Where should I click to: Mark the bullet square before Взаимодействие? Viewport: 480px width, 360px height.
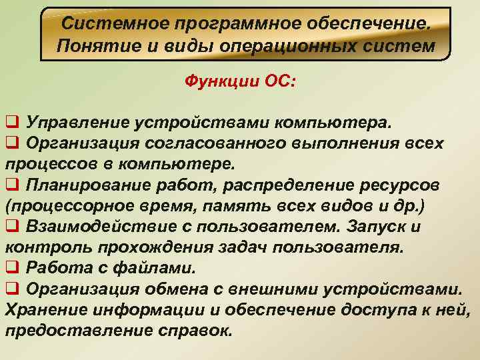coord(11,227)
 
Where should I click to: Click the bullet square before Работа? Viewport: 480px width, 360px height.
coord(11,269)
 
